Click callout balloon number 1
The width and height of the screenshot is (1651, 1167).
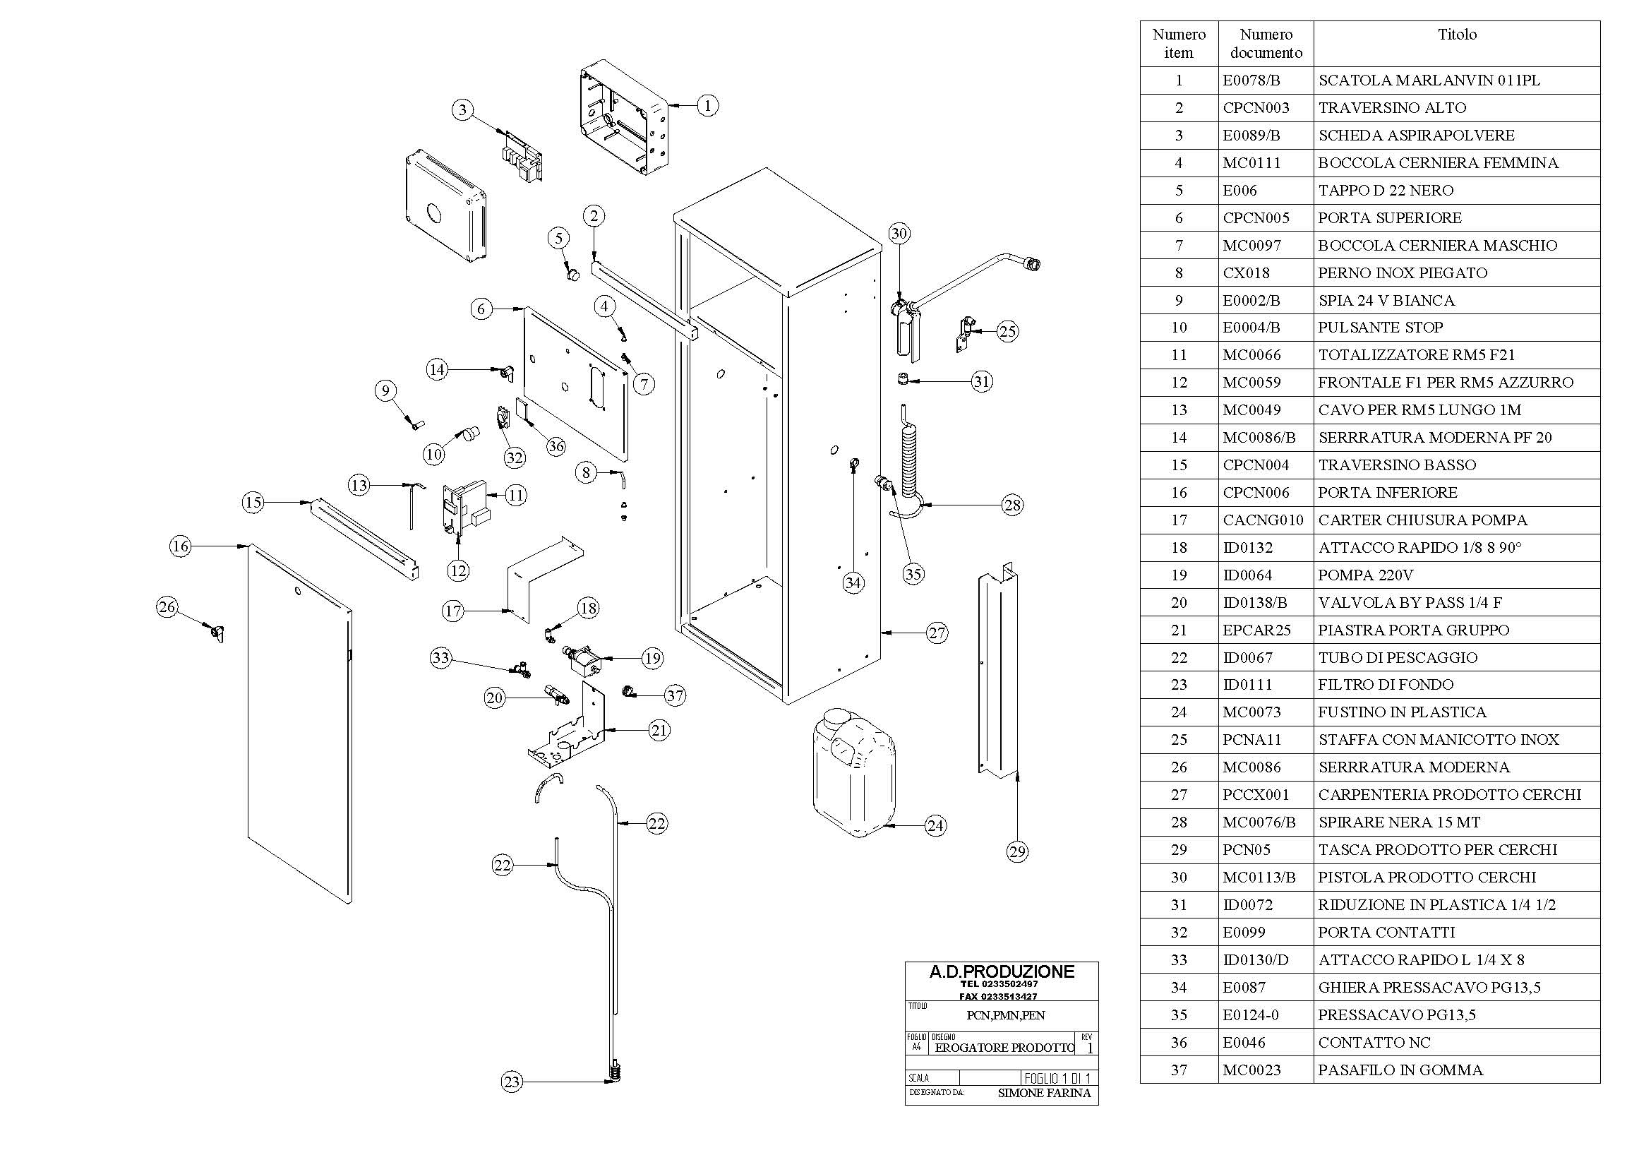(707, 106)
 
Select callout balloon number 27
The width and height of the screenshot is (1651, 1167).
(936, 633)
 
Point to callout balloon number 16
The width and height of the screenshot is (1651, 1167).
(181, 546)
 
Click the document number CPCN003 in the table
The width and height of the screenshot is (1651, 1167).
(1256, 108)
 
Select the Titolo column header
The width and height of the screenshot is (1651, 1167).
(1457, 35)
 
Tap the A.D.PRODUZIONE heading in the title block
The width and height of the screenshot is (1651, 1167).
(1002, 971)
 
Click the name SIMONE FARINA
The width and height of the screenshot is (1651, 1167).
(1044, 1093)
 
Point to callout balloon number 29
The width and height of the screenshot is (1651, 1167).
(1016, 852)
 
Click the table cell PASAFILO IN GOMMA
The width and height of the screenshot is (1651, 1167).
(1400, 1070)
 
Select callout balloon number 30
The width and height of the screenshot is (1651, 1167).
(899, 233)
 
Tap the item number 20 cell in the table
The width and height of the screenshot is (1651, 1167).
(1179, 602)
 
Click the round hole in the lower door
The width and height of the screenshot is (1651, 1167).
(298, 591)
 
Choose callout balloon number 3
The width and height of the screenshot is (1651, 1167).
(462, 110)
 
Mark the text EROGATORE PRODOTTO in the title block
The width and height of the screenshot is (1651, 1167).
(1004, 1048)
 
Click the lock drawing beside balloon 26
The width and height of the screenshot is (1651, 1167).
(218, 633)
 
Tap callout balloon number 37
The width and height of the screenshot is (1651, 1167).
(675, 695)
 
